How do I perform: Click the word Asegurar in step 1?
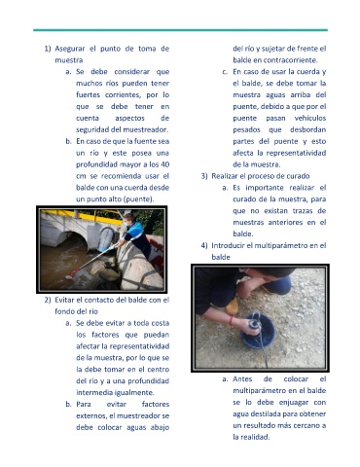pos(70,49)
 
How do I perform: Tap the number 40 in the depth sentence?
pos(164,164)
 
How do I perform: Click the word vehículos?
pos(310,118)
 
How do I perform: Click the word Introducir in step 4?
pos(228,245)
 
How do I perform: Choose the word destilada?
pos(261,413)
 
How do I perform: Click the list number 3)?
pos(204,176)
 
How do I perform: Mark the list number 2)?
pos(48,300)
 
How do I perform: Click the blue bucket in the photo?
pos(258,330)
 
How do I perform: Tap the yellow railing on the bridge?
pos(81,216)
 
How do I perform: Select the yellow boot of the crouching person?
pos(233,305)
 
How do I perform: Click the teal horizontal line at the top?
pos(180,30)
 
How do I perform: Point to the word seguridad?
pos(92,129)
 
